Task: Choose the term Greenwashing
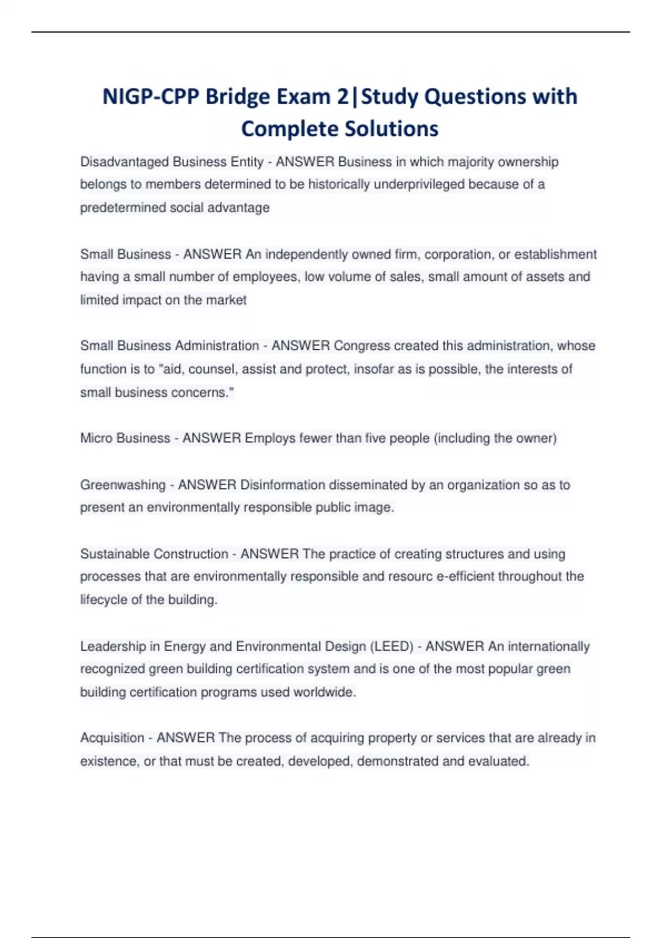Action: pos(122,485)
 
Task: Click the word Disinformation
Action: pos(283,485)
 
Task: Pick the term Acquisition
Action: pos(113,738)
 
